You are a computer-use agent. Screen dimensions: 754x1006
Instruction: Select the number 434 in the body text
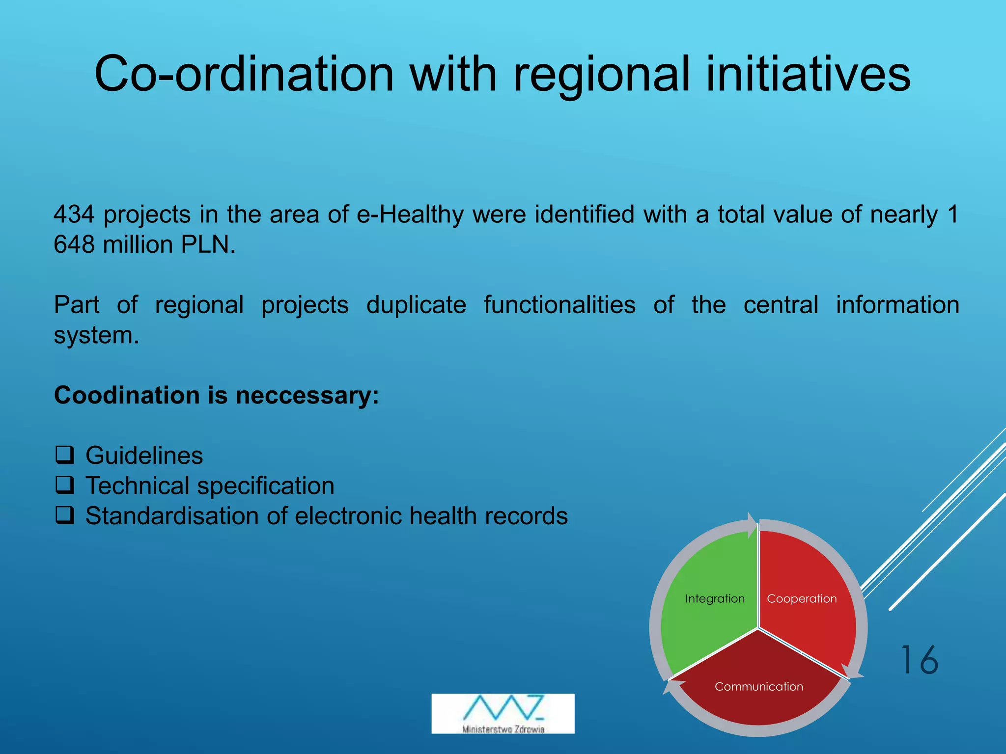coord(74,215)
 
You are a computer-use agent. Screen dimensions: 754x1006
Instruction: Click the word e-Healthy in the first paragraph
coord(410,215)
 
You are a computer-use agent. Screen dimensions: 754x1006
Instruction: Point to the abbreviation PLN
coord(208,244)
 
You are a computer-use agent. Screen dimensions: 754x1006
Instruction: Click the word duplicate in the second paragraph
coord(416,305)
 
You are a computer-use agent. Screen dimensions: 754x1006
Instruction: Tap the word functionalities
coord(559,305)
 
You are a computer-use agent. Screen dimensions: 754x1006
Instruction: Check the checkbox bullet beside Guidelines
coord(65,455)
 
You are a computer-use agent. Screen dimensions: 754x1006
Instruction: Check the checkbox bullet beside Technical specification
coord(65,485)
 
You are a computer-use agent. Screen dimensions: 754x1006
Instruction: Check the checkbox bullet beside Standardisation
coord(65,515)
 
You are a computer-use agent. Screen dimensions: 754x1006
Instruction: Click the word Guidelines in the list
coord(144,456)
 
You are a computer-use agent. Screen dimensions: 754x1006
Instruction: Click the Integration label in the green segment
coord(715,598)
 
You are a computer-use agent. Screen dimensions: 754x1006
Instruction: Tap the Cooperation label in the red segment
coord(802,598)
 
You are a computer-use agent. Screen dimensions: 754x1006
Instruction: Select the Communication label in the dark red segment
coord(758,686)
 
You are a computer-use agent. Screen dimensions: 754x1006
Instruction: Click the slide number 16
coord(919,660)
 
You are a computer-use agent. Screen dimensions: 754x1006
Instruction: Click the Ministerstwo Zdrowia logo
coord(503,713)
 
